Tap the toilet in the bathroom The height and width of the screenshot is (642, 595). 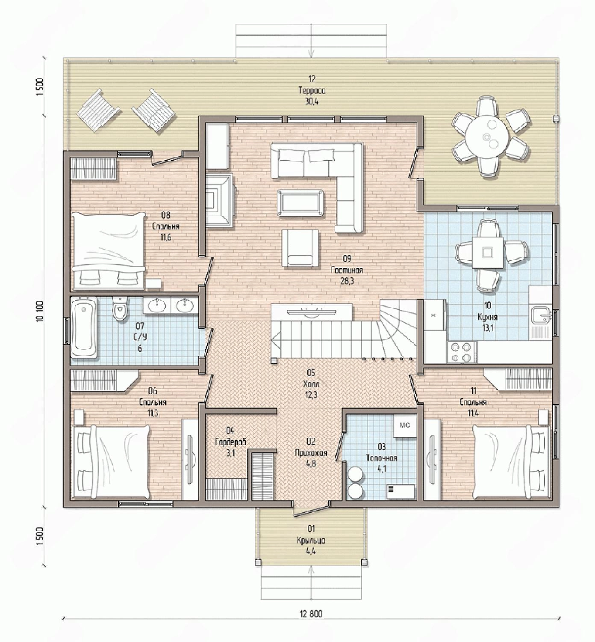(x=120, y=309)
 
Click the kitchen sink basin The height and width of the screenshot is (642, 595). (x=541, y=315)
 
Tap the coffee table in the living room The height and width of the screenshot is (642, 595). (x=300, y=203)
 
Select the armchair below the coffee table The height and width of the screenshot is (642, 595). (x=300, y=248)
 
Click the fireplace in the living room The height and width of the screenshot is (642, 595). (x=219, y=200)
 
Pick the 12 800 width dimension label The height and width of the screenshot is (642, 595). (x=311, y=614)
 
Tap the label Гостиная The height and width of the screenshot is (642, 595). (x=347, y=270)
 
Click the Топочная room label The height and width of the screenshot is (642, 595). (x=381, y=458)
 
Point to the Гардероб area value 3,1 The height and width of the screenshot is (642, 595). (x=230, y=453)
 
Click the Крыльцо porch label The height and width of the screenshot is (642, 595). (x=311, y=540)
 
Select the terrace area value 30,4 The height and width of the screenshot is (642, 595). (x=312, y=102)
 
